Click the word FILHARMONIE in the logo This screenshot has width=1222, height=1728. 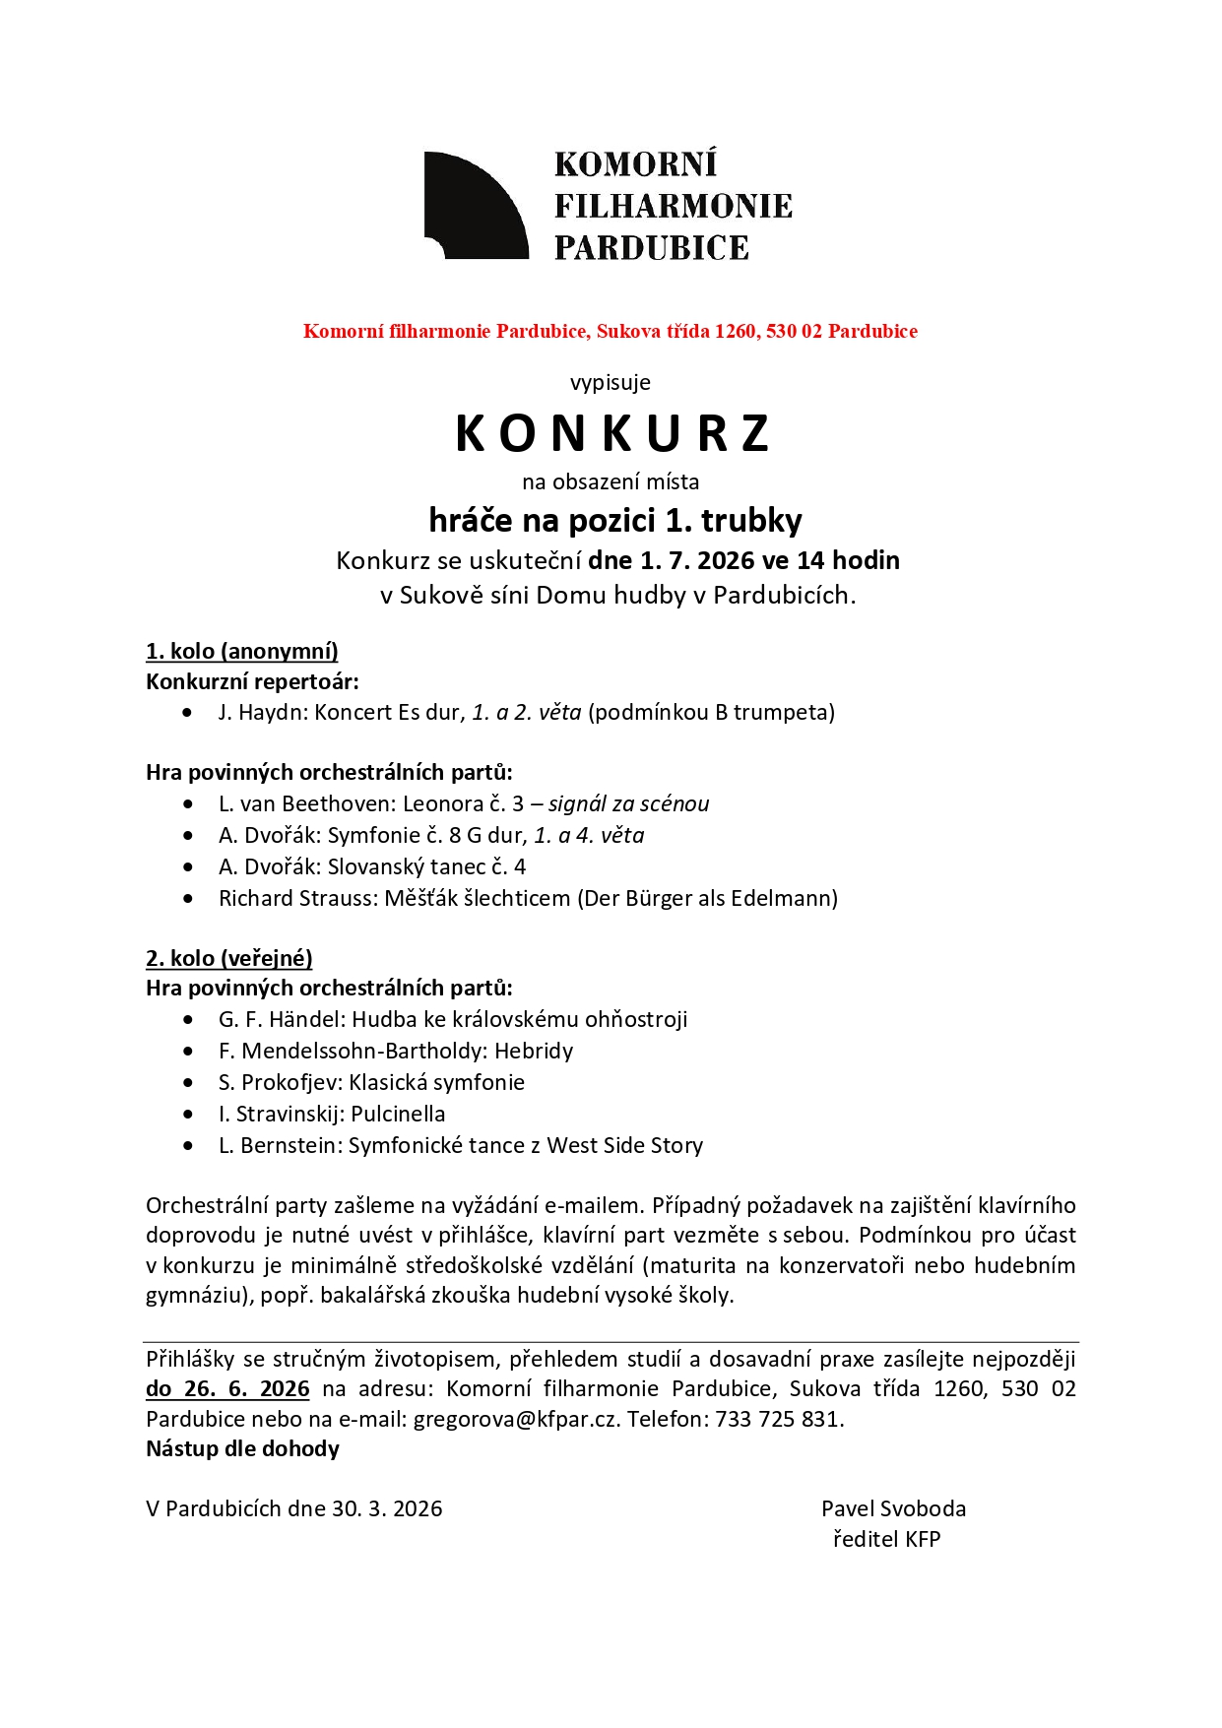(x=673, y=206)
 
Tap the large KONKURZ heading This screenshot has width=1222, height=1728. (x=611, y=434)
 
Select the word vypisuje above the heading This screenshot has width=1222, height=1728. (x=611, y=382)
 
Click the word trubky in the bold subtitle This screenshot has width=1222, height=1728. (x=751, y=520)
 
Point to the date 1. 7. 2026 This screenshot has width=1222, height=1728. (x=695, y=560)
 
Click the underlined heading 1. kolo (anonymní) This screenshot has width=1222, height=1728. (x=242, y=651)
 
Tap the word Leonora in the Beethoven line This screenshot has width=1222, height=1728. (x=442, y=803)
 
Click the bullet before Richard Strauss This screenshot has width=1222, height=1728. (x=188, y=898)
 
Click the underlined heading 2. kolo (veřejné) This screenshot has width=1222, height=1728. (x=229, y=958)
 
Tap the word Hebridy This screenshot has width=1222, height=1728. (x=534, y=1051)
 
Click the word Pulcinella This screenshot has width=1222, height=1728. (x=398, y=1114)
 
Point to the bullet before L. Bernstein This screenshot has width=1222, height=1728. (x=188, y=1145)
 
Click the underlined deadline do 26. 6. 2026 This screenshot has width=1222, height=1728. (x=227, y=1388)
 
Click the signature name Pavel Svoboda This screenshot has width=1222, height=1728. (x=893, y=1508)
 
